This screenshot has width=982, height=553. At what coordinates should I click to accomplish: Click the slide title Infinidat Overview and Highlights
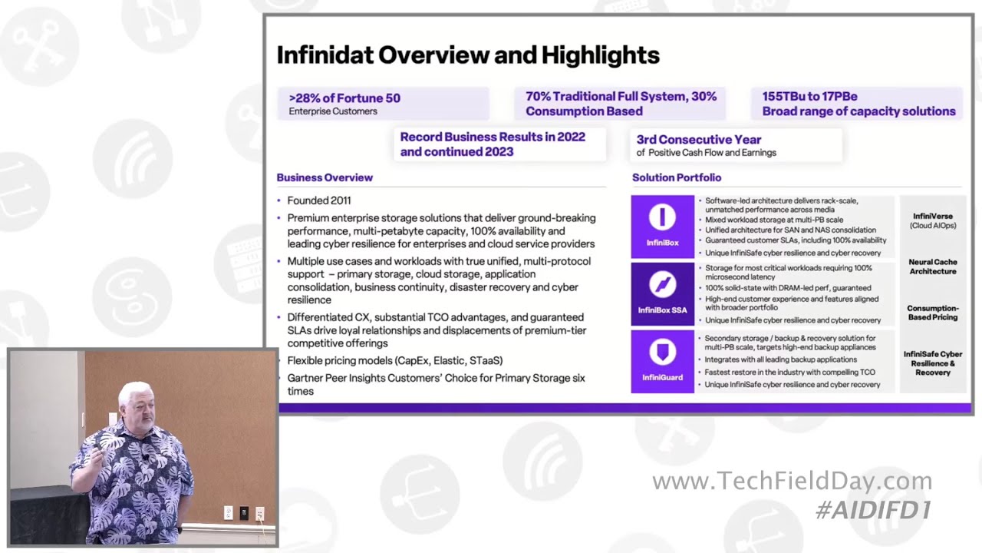468,55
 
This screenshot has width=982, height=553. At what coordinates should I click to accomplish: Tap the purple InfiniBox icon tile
662,226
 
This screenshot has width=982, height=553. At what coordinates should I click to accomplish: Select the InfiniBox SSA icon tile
662,293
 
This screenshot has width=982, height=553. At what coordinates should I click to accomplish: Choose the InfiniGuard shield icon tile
662,360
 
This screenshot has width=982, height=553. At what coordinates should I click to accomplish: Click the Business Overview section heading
325,177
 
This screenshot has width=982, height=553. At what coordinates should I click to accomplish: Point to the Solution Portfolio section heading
676,177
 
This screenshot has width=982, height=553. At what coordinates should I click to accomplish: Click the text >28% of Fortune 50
344,98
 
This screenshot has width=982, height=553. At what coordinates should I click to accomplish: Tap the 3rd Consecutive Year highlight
698,140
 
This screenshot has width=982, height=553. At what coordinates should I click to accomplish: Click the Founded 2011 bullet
319,200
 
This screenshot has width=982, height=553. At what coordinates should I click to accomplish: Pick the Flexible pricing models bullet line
394,360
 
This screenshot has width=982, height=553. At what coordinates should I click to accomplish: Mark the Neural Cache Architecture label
932,267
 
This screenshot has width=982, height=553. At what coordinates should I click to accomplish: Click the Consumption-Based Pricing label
932,313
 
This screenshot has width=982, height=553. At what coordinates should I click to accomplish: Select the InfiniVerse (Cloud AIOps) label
932,221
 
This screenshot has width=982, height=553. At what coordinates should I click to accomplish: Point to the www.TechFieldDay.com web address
792,482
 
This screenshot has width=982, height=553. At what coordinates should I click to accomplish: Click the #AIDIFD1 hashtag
872,510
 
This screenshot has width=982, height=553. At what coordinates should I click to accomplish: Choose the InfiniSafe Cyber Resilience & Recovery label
932,363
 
